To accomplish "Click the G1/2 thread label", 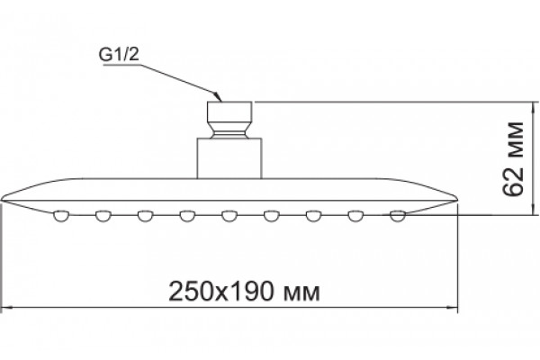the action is click(119, 55).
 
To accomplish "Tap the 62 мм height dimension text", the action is click(513, 158).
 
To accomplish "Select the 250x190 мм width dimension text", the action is click(244, 292).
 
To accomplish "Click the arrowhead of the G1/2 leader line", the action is click(217, 97).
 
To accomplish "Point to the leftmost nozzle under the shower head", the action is click(61, 216).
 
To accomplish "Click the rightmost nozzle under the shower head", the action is click(398, 216).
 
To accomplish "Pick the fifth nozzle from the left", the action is click(229, 216).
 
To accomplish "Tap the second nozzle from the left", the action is click(103, 216).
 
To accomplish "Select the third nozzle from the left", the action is click(145, 216).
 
